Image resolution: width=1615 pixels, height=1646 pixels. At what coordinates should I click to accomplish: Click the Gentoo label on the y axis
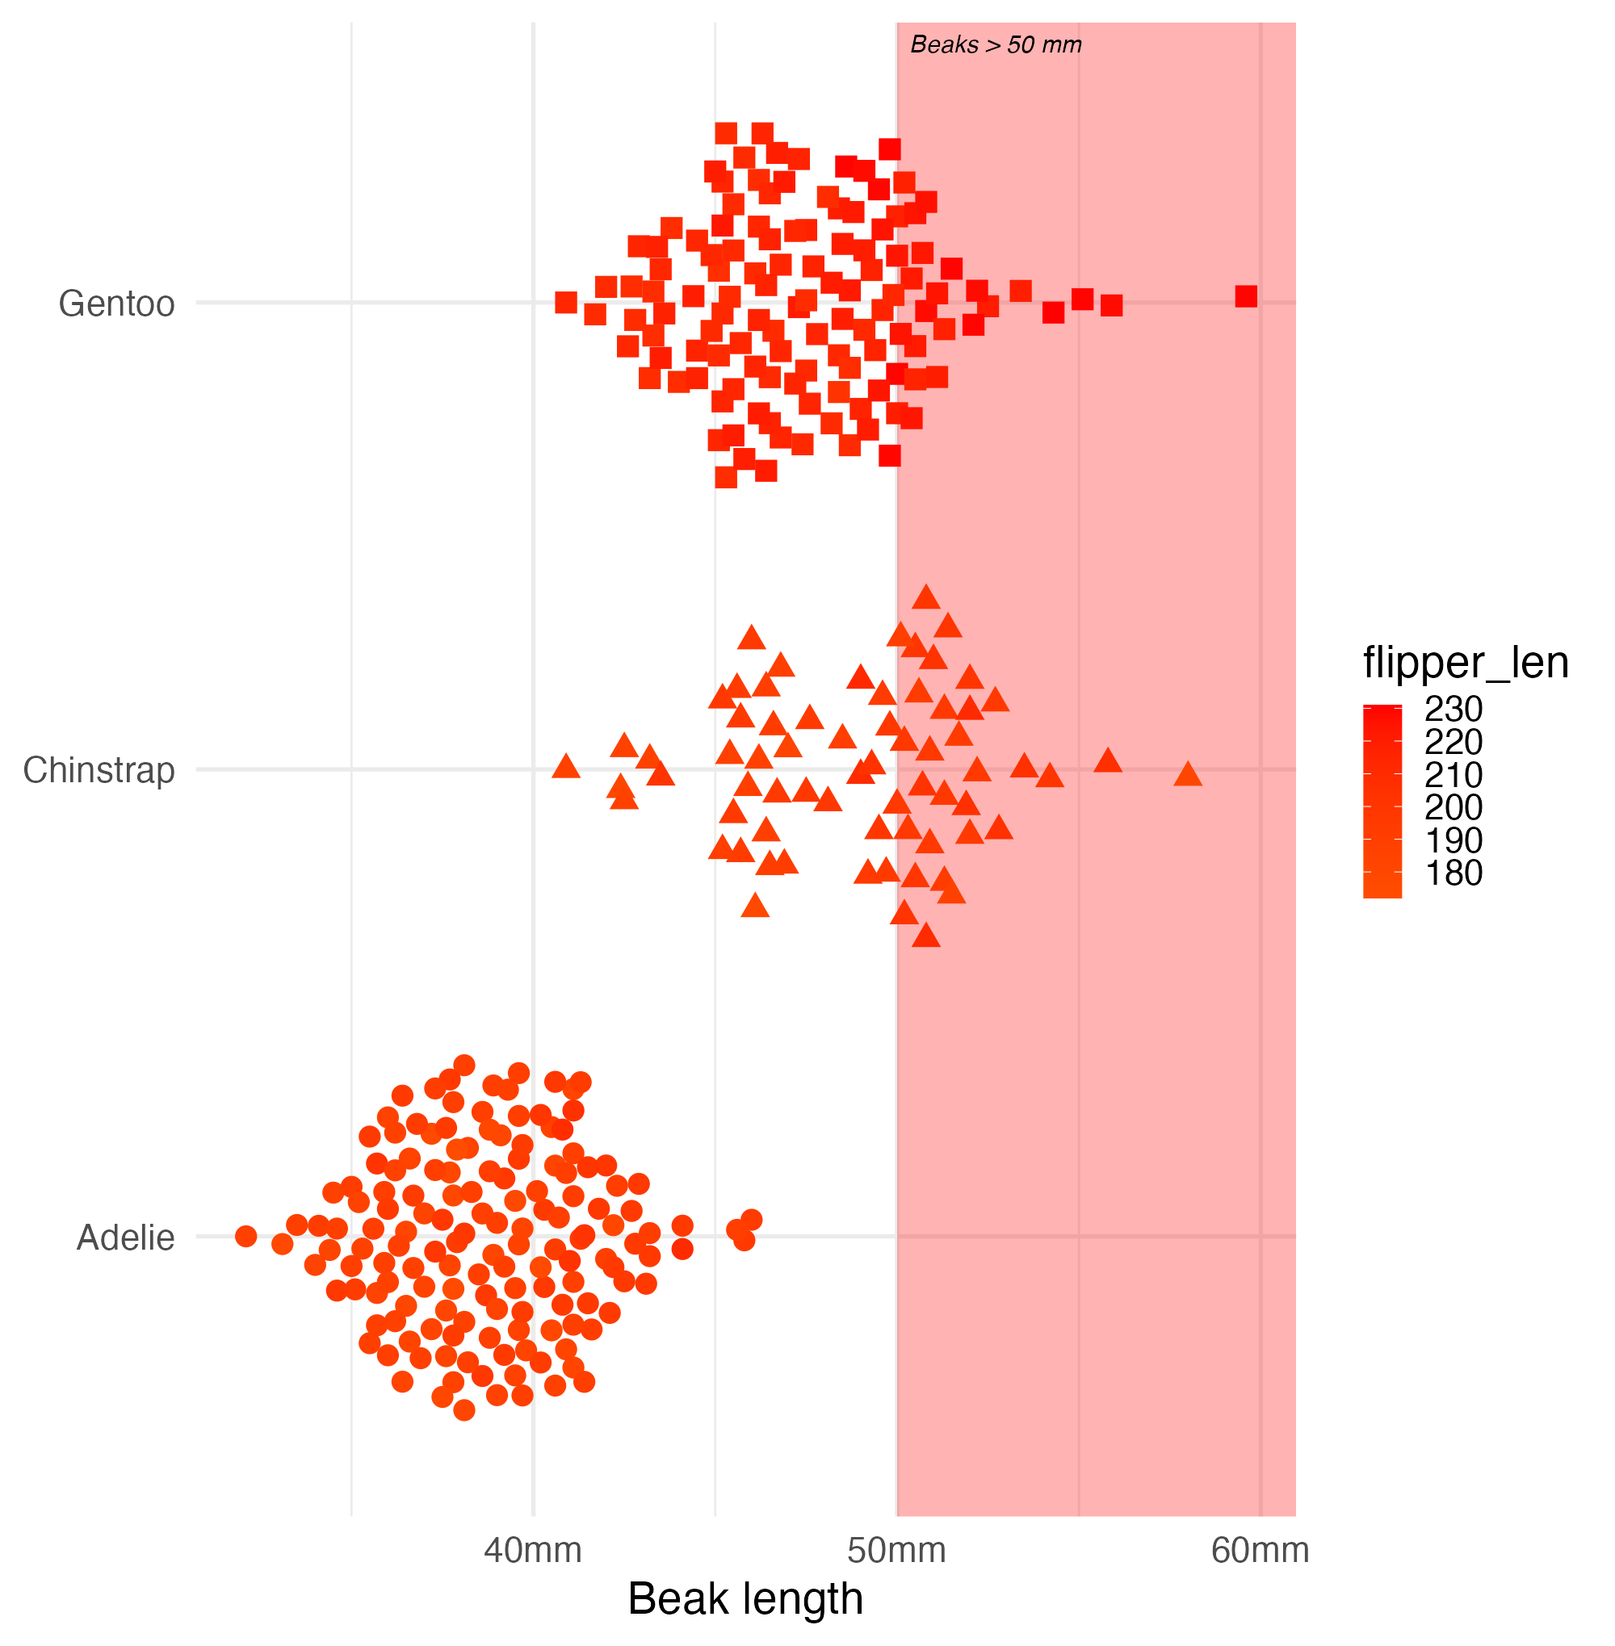116,304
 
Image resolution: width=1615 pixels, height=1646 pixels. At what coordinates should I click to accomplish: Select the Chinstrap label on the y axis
99,770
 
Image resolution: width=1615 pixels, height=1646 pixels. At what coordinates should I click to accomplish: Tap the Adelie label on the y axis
125,1238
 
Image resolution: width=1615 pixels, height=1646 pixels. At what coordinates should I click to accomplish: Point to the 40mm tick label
533,1550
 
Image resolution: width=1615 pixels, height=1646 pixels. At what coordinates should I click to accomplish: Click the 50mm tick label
896,1550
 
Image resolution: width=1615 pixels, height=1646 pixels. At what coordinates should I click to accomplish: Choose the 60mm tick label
1260,1550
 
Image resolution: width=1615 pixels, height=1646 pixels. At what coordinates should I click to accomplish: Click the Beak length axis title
745,1599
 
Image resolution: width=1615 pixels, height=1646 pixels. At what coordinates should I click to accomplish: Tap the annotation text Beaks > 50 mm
996,45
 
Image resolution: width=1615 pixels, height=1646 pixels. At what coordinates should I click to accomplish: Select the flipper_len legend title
1465,662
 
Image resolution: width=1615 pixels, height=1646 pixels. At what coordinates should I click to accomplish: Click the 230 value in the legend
1453,709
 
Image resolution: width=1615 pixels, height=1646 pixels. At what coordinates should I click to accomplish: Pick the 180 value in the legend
1453,873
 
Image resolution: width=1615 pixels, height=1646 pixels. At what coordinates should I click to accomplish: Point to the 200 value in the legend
1453,807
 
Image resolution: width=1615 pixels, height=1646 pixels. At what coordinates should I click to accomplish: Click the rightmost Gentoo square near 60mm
1246,296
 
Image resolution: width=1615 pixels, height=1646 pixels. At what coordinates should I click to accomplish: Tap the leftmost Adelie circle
246,1237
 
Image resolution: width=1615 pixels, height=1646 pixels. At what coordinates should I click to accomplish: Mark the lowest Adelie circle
464,1410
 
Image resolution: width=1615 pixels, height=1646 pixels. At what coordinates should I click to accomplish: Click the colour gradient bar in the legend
1382,802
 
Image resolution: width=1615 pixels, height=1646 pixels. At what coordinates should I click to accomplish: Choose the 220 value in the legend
1453,742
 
